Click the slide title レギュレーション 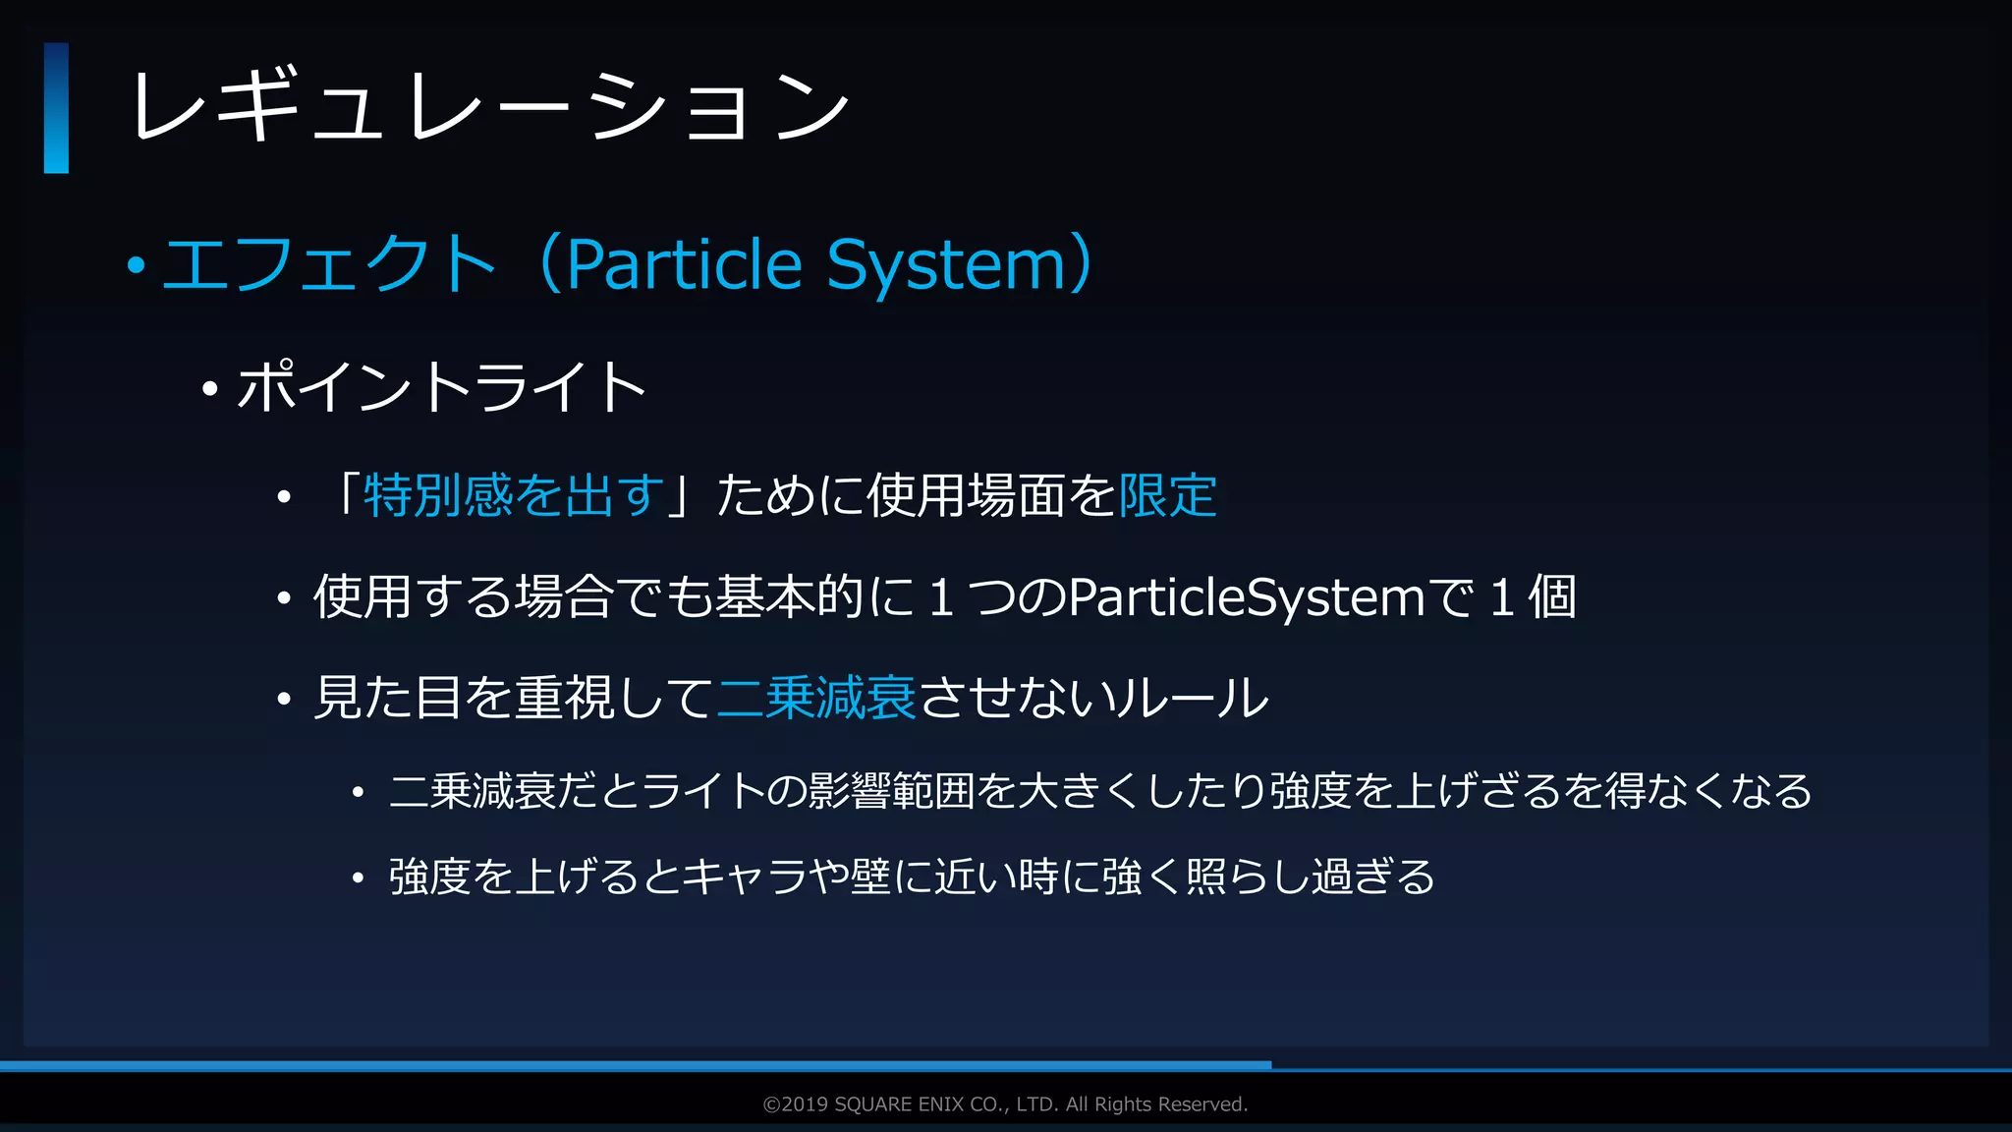(x=489, y=106)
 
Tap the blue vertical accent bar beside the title (x=56, y=108)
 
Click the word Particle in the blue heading (x=685, y=264)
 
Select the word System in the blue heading (x=946, y=264)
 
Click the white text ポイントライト (x=441, y=386)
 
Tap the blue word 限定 (x=1167, y=494)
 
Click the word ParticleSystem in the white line (x=1246, y=596)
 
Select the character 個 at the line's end (x=1552, y=596)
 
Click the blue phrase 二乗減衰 (x=816, y=698)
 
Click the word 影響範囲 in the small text (x=891, y=791)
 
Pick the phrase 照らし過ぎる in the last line (x=1311, y=877)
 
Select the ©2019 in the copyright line (x=796, y=1104)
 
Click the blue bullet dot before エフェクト (x=137, y=265)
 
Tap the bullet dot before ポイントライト (x=209, y=389)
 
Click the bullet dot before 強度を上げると (x=359, y=877)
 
